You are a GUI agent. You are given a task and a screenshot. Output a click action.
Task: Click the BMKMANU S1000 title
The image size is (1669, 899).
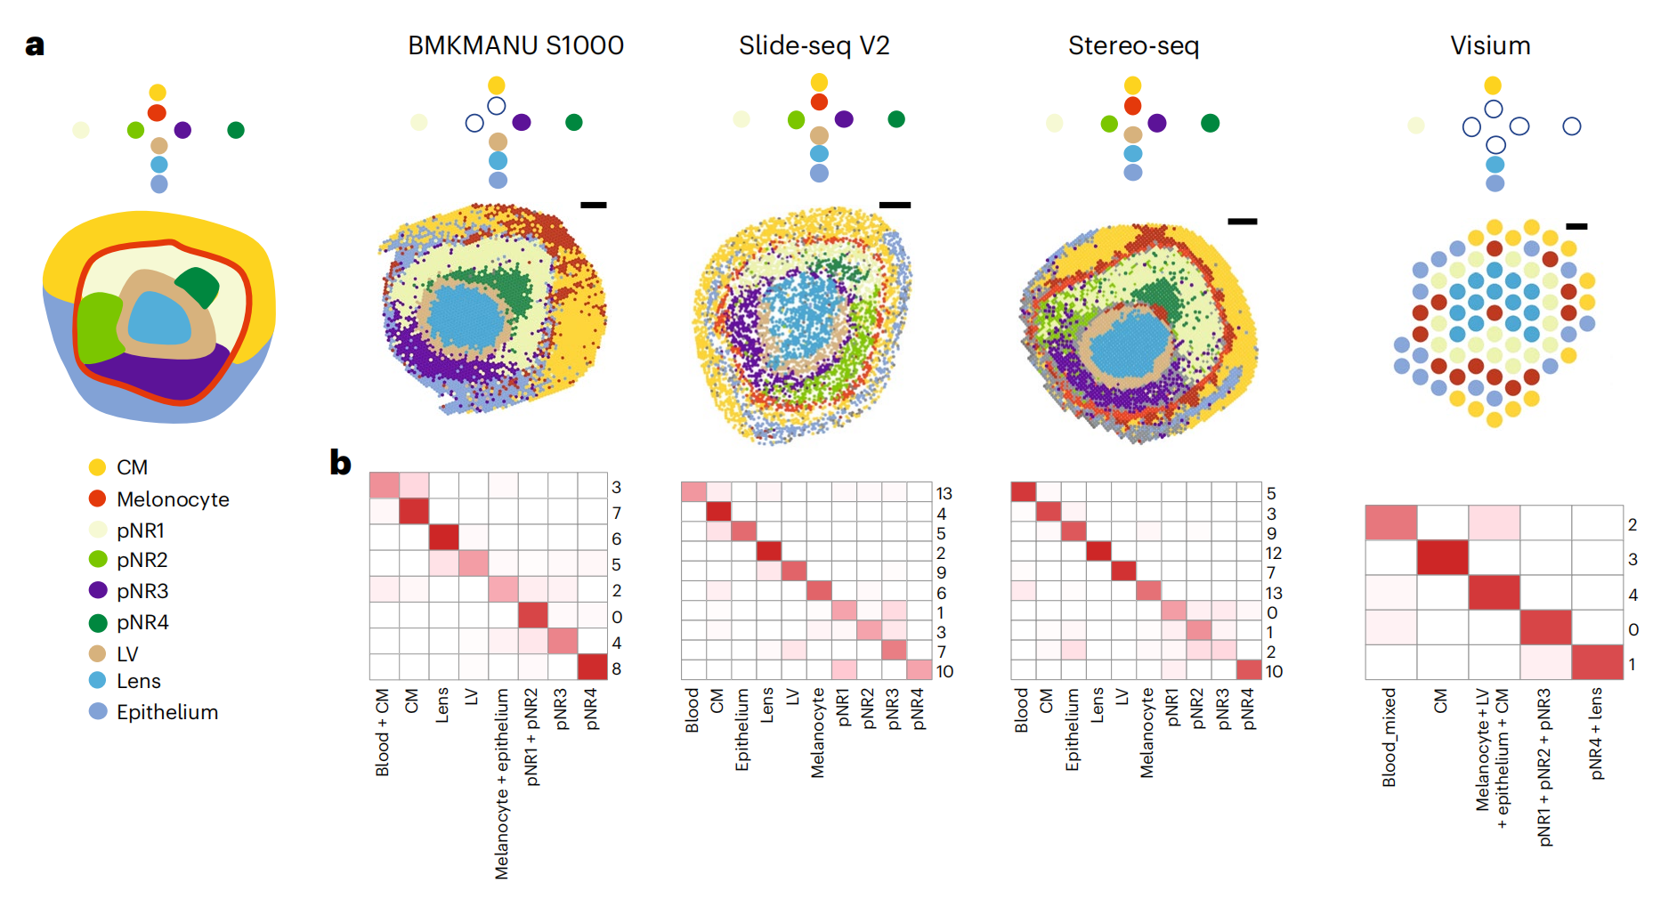pyautogui.click(x=515, y=45)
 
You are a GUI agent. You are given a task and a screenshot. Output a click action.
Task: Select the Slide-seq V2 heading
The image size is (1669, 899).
pyautogui.click(x=814, y=45)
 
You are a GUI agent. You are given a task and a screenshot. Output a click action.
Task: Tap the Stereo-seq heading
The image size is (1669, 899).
pyautogui.click(x=1133, y=45)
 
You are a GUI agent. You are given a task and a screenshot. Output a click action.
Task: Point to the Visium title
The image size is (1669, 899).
pyautogui.click(x=1490, y=45)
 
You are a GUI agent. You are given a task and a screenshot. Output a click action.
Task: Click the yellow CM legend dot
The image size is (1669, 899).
pyautogui.click(x=98, y=467)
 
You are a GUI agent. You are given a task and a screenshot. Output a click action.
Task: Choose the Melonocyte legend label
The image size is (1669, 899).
pyautogui.click(x=173, y=499)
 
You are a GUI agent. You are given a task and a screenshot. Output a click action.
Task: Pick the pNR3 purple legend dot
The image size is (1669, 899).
pyautogui.click(x=98, y=590)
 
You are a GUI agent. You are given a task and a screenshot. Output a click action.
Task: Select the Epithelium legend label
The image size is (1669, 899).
pyautogui.click(x=167, y=712)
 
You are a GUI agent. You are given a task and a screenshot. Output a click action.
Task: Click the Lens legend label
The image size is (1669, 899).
pyautogui.click(x=139, y=681)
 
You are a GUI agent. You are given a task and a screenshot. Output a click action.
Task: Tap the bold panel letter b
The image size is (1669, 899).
pyautogui.click(x=340, y=463)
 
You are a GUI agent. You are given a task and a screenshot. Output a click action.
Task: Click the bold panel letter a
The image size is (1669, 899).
pyautogui.click(x=35, y=45)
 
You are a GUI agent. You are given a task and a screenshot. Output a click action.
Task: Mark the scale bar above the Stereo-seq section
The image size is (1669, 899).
pyautogui.click(x=1242, y=221)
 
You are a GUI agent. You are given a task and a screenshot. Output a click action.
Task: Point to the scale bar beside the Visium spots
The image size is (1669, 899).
pyautogui.click(x=1576, y=226)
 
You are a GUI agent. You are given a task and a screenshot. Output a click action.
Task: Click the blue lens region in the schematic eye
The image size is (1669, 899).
pyautogui.click(x=160, y=319)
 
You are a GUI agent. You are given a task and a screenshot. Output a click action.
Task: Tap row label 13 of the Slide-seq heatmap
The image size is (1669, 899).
pyautogui.click(x=944, y=493)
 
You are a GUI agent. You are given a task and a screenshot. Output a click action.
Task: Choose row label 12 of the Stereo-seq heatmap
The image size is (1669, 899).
pyautogui.click(x=1274, y=553)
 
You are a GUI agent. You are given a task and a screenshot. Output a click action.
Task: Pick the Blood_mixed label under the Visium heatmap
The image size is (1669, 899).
pyautogui.click(x=1389, y=737)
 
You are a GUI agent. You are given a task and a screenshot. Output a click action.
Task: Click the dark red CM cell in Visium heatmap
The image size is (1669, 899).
pyautogui.click(x=1443, y=558)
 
